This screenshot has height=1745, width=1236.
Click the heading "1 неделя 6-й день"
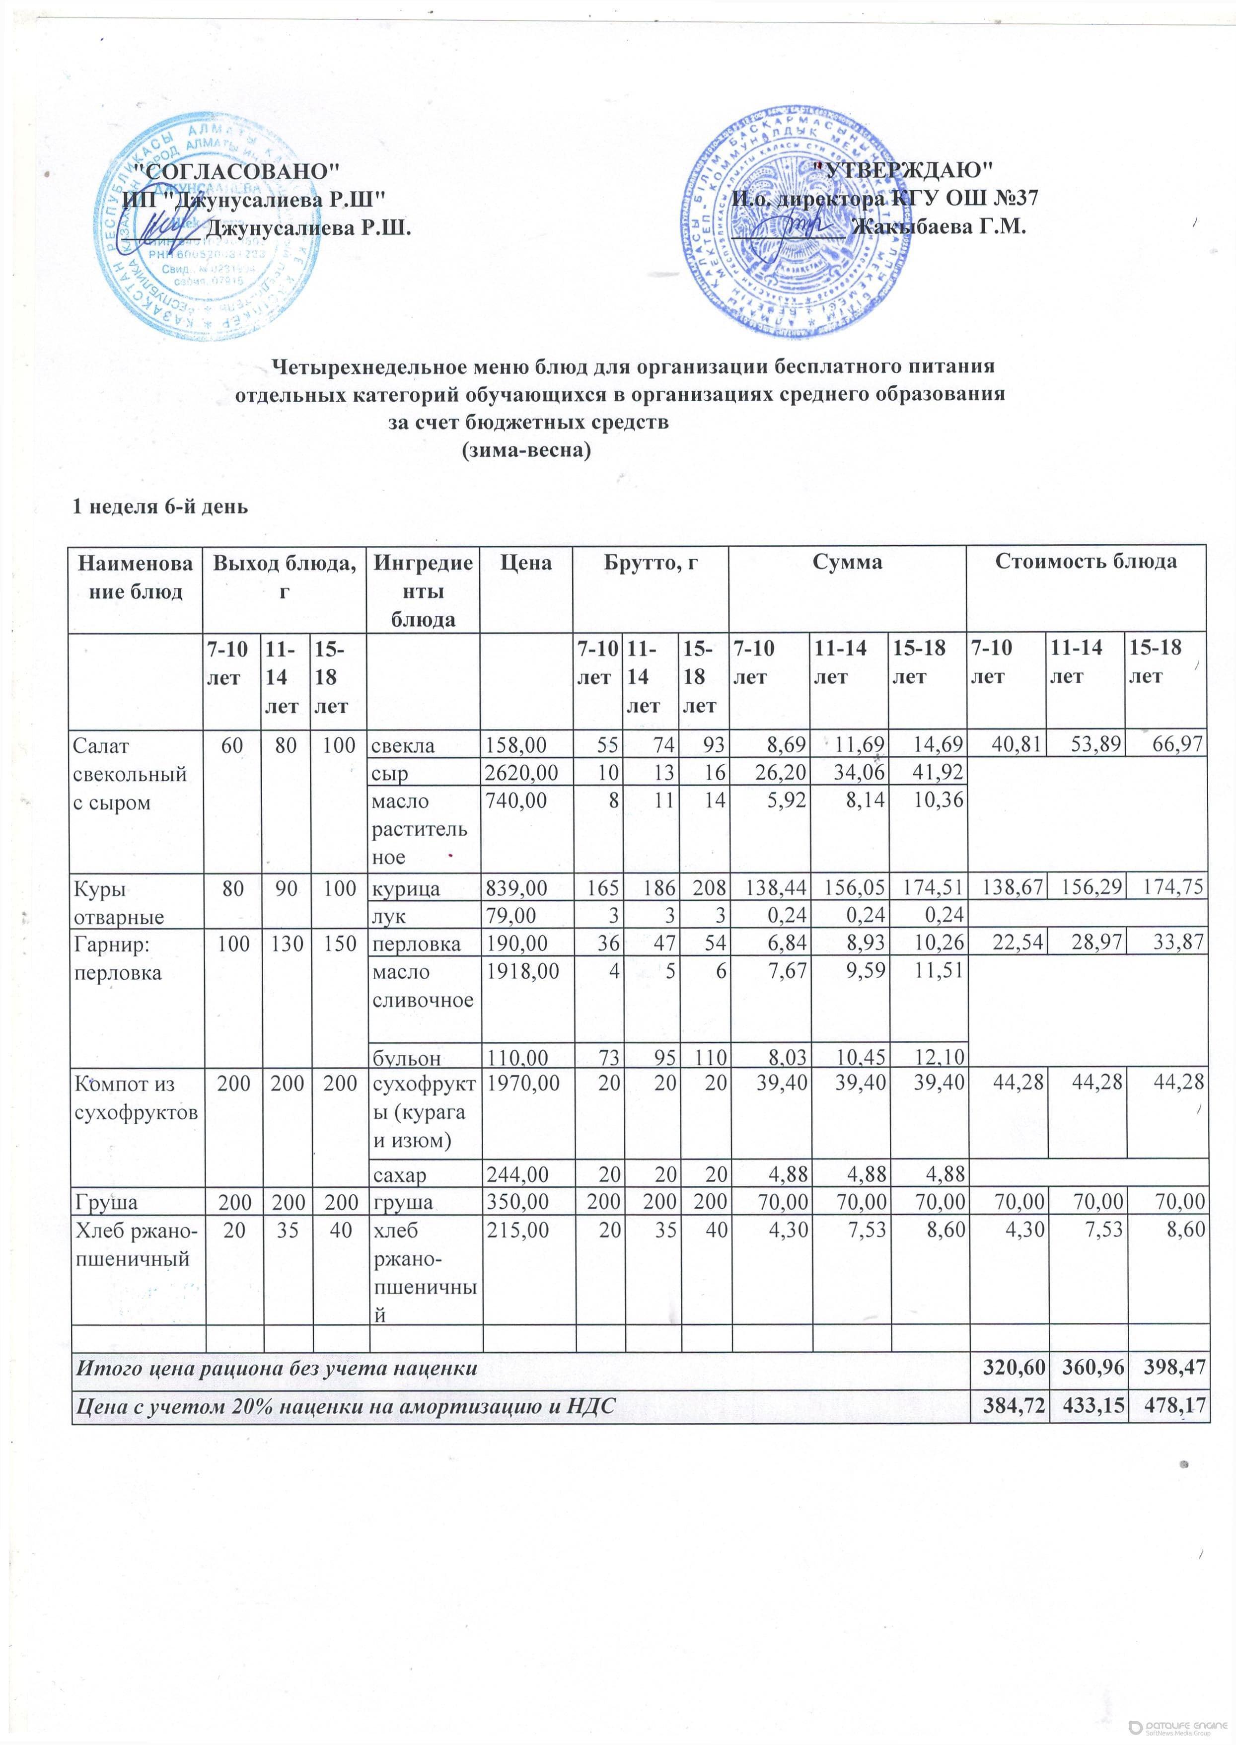coord(160,506)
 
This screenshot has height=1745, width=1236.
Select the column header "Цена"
coord(526,563)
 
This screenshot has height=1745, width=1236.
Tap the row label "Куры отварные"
coord(118,903)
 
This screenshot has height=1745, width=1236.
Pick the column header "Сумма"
coord(846,563)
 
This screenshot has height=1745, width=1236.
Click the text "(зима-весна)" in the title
coord(527,450)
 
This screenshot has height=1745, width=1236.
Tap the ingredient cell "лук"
coord(387,916)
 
